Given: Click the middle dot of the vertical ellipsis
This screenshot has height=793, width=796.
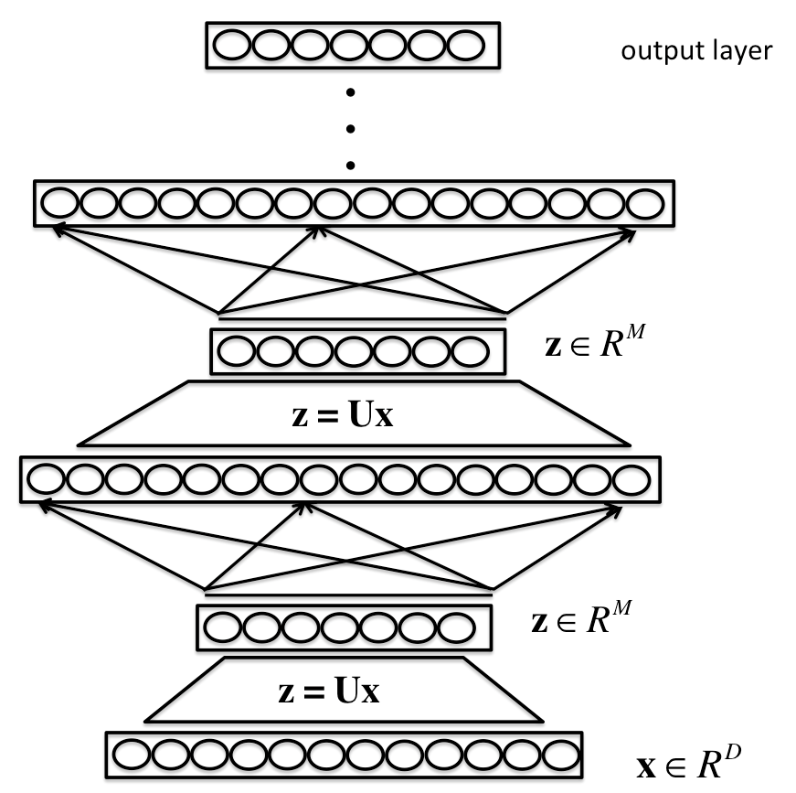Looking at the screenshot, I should pyautogui.click(x=350, y=128).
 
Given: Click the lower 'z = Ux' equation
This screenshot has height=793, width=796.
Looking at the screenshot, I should pyautogui.click(x=328, y=690).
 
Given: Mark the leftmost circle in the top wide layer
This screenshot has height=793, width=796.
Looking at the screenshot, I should pyautogui.click(x=57, y=203).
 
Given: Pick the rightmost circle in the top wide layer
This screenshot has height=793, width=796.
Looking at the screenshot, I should pyautogui.click(x=644, y=203).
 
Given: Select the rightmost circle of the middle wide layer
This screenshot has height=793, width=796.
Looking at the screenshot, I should pyautogui.click(x=630, y=478).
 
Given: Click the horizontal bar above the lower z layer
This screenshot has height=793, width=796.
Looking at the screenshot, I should pyautogui.click(x=347, y=593).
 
